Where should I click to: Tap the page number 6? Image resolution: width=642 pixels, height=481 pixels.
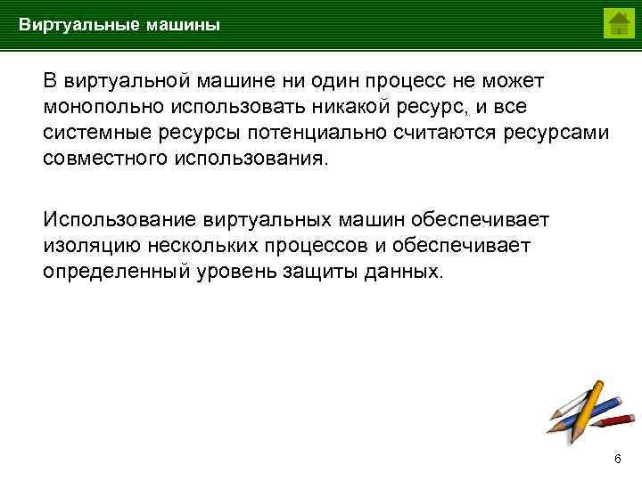tap(617, 458)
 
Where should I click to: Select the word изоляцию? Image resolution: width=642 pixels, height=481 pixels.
tap(88, 245)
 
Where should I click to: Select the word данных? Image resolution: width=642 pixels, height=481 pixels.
tap(404, 271)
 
